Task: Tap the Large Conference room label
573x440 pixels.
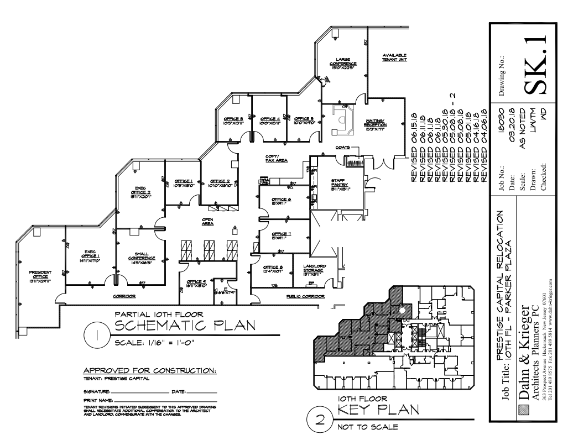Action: pyautogui.click(x=343, y=64)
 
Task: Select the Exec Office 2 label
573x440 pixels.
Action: pyautogui.click(x=140, y=191)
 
